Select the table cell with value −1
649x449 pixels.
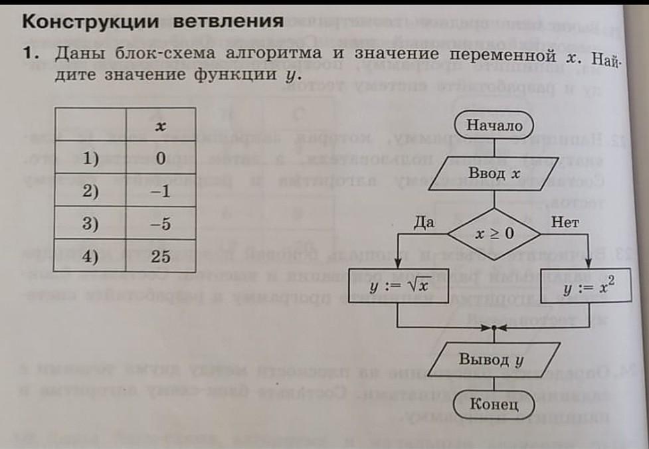click(x=160, y=192)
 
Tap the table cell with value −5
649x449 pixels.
click(x=160, y=224)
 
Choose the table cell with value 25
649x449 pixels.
click(x=160, y=256)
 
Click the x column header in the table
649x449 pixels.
click(x=160, y=126)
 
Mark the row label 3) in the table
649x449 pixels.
click(x=91, y=224)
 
